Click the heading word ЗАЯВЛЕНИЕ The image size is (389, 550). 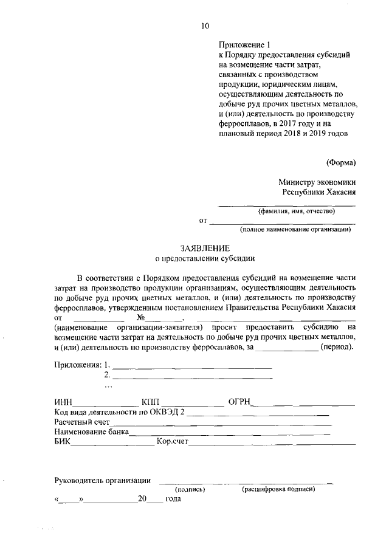click(205, 248)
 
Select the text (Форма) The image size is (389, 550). click(341, 162)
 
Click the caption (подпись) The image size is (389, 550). click(190, 489)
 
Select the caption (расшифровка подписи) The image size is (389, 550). click(279, 489)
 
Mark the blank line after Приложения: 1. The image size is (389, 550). click(192, 366)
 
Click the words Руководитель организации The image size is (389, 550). click(102, 480)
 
